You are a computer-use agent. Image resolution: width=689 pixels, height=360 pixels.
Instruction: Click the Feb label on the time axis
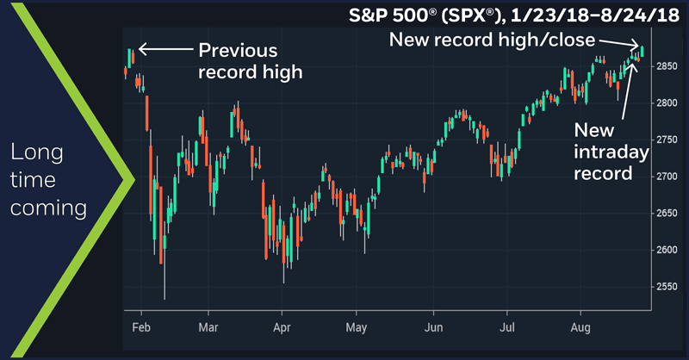click(x=142, y=328)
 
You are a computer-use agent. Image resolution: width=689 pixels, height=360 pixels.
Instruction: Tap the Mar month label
click(x=208, y=328)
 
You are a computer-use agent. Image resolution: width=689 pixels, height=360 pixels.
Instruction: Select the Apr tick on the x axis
click(x=282, y=328)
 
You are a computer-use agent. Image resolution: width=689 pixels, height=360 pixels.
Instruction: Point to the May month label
click(x=357, y=328)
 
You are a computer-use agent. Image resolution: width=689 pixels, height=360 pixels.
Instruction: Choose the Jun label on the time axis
click(x=434, y=328)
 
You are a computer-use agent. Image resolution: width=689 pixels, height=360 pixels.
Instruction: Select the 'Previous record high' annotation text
click(x=250, y=60)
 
